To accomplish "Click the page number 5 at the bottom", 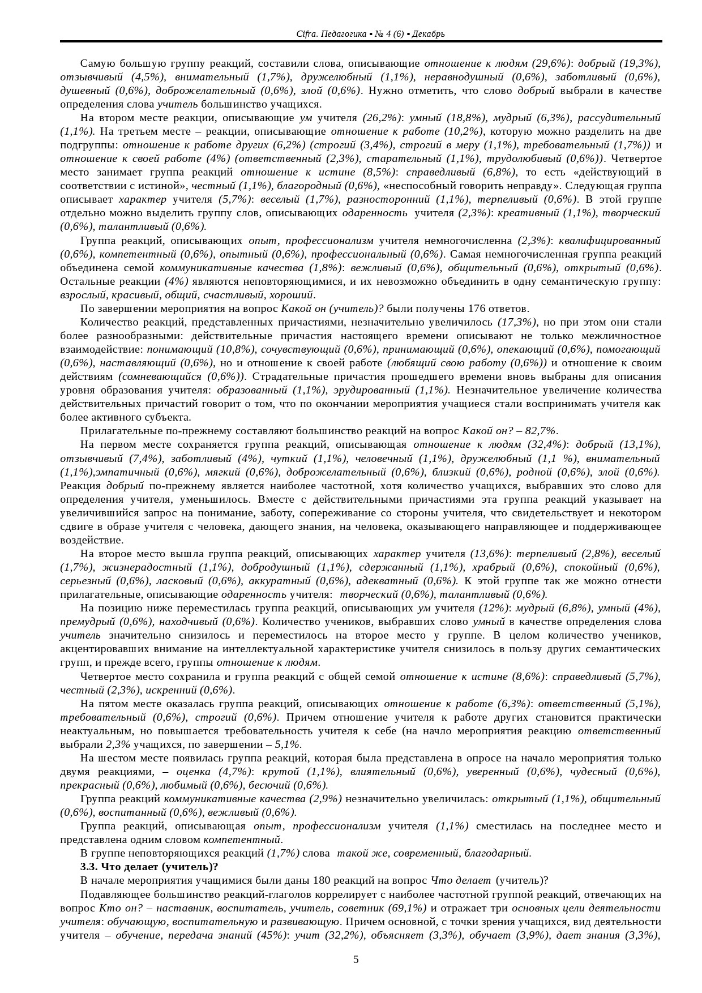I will tap(356, 959).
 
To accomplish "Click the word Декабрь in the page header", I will tap(428, 34).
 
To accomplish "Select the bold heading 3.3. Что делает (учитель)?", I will tap(149, 867).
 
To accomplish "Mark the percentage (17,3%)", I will tap(517, 322).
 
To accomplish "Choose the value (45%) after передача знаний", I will tap(272, 935).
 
